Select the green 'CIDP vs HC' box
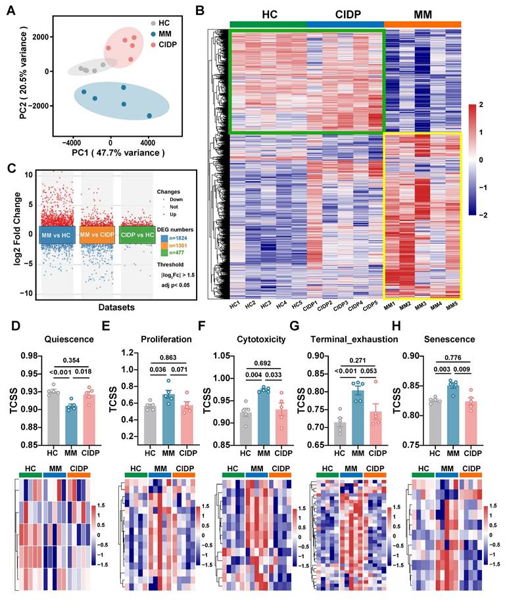coord(137,235)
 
